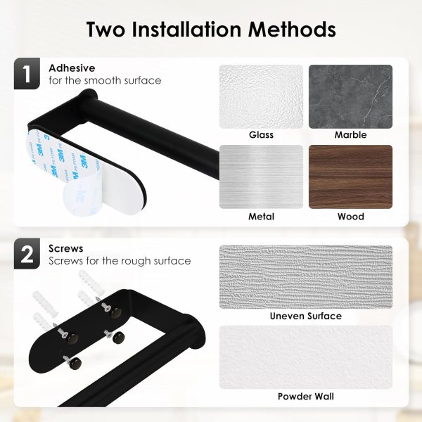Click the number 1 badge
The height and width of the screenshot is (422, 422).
click(27, 73)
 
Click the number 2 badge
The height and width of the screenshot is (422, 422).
click(27, 253)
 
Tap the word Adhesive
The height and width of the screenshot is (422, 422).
click(72, 68)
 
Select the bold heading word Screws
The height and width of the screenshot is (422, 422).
click(66, 248)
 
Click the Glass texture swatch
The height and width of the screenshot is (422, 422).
click(261, 96)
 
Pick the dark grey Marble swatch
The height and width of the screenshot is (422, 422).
click(350, 96)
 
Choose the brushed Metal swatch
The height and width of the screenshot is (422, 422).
click(261, 177)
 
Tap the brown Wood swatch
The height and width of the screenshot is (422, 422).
click(350, 177)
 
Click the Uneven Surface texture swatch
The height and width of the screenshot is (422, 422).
click(306, 276)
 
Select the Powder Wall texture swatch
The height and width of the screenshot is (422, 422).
click(306, 357)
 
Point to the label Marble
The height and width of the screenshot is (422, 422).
click(350, 135)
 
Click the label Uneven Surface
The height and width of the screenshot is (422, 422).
click(306, 316)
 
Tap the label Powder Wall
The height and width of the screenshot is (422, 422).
click(306, 397)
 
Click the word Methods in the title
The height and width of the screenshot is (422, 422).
click(292, 29)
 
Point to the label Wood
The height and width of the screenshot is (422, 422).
click(351, 217)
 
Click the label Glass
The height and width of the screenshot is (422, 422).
click(261, 135)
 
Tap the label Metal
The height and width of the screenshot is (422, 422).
click(261, 217)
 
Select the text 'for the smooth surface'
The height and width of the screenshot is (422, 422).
click(105, 80)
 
